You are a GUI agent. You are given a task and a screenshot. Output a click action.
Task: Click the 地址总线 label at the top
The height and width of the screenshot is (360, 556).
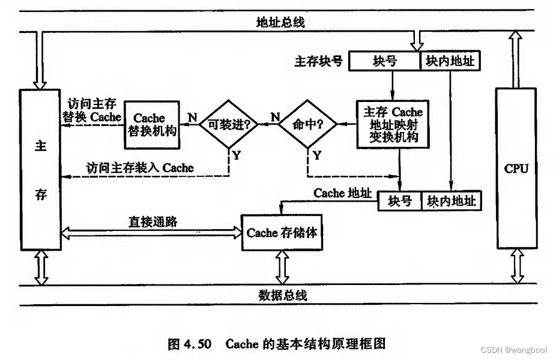tap(281, 23)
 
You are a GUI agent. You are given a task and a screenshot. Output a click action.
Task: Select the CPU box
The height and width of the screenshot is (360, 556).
tap(516, 169)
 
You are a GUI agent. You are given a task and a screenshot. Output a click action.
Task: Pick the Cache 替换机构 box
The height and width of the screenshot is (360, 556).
tap(153, 124)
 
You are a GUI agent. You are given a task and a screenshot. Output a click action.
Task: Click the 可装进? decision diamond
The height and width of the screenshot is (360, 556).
tap(229, 124)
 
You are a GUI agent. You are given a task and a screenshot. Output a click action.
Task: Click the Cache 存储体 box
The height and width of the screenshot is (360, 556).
tap(282, 232)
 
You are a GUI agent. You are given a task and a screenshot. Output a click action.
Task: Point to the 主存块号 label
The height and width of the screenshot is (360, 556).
tap(318, 61)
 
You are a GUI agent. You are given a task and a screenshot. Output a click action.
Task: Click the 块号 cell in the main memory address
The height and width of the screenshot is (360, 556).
tap(385, 61)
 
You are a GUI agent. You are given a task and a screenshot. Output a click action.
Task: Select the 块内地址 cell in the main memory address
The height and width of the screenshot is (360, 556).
tap(450, 61)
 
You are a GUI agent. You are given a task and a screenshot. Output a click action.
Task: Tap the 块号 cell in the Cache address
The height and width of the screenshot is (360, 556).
tap(400, 200)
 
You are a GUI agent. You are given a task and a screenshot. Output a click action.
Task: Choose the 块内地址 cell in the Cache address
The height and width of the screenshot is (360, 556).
tap(452, 200)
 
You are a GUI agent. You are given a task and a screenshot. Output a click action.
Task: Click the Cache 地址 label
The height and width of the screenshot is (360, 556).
tap(342, 193)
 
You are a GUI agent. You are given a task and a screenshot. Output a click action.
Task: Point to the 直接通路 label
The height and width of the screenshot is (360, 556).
tap(153, 220)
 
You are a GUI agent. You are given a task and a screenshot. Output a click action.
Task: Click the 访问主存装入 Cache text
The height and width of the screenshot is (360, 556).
tap(140, 168)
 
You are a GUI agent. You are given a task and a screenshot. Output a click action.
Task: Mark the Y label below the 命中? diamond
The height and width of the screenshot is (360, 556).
tap(317, 155)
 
